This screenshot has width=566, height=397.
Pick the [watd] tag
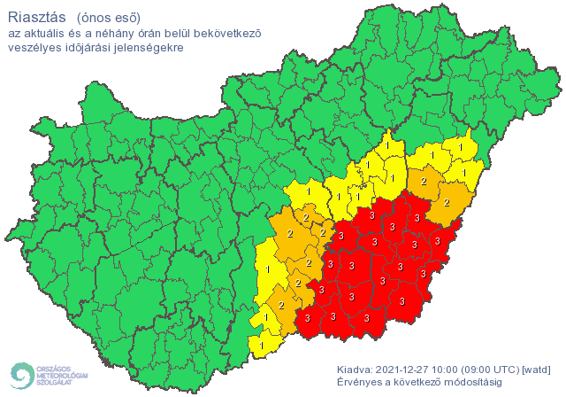[x=538, y=369]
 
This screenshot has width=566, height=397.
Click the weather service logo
[x=48, y=375]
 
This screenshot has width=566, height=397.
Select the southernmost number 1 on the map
[x=263, y=344]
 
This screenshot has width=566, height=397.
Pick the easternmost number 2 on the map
[x=446, y=202]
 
